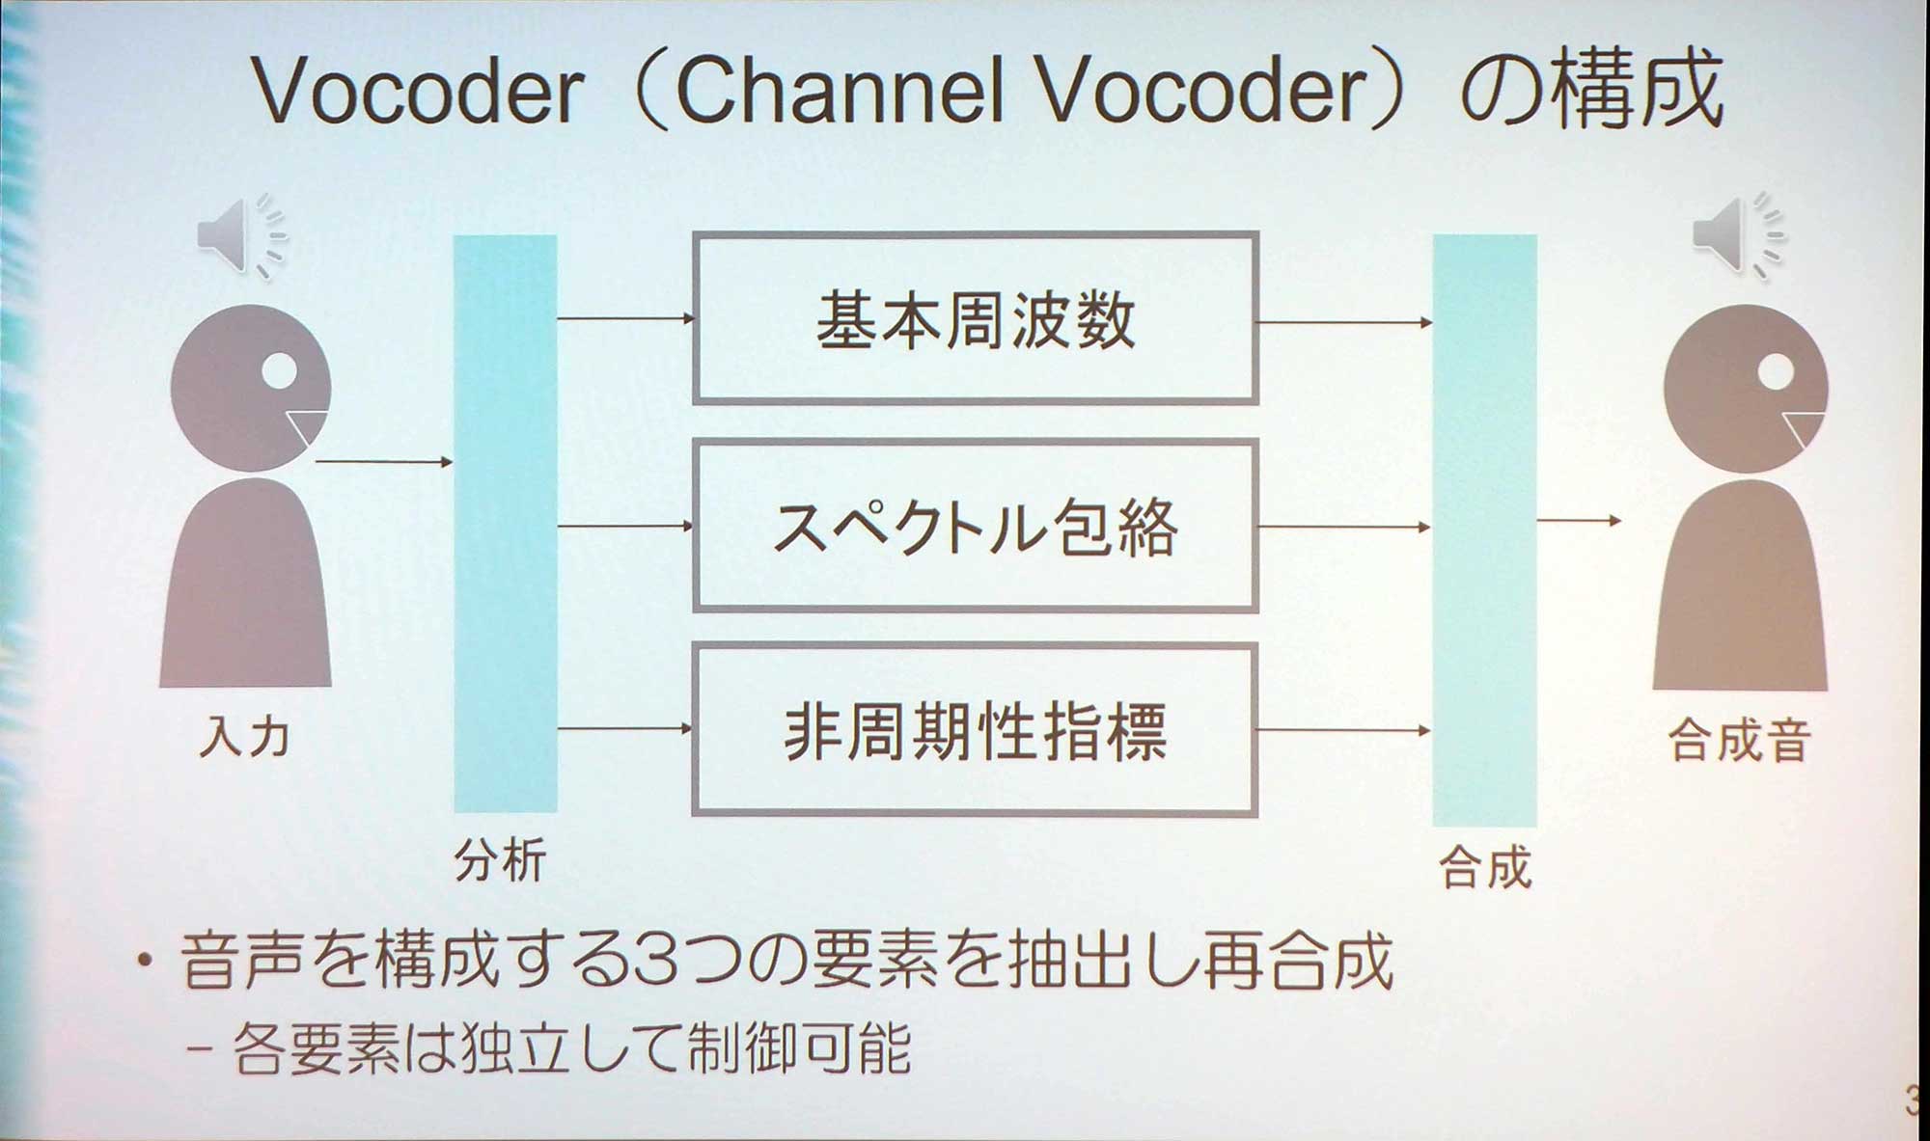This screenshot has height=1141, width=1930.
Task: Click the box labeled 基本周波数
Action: (x=975, y=318)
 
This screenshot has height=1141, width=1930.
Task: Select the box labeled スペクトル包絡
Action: (x=975, y=527)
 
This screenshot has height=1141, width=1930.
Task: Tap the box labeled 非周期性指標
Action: (x=975, y=730)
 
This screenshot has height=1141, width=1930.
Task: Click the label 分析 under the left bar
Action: (x=500, y=859)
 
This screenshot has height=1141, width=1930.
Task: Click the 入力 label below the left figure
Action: (x=244, y=738)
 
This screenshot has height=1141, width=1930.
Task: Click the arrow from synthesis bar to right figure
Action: (x=1578, y=521)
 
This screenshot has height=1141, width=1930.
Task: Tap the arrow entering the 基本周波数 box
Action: (x=625, y=317)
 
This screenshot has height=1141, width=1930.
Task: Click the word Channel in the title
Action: (x=840, y=92)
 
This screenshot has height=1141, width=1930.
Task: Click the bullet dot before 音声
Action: (x=145, y=961)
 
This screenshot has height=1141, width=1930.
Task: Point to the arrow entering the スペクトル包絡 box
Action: (x=625, y=526)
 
